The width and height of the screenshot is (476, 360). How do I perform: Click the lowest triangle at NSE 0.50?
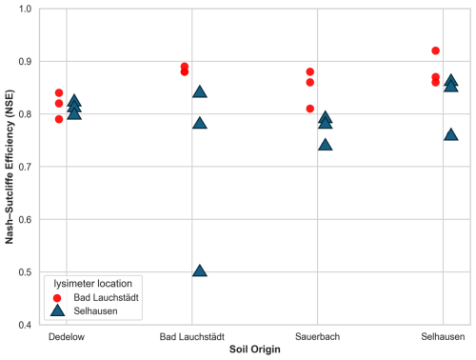pos(200,271)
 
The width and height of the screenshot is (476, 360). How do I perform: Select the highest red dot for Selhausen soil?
pos(436,50)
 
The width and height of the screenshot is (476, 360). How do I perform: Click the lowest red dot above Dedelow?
pos(59,119)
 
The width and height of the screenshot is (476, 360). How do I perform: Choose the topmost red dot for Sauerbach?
pos(310,71)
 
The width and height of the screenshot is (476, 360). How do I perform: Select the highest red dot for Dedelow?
pos(59,93)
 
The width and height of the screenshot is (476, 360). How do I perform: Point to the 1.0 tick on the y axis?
pos(24,9)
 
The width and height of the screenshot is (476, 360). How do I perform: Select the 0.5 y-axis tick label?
pos(24,272)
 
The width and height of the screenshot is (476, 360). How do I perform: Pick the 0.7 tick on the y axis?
pos(24,167)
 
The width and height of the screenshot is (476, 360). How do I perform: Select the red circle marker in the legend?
pos(58,297)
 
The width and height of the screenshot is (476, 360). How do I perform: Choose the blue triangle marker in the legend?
pos(58,311)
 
